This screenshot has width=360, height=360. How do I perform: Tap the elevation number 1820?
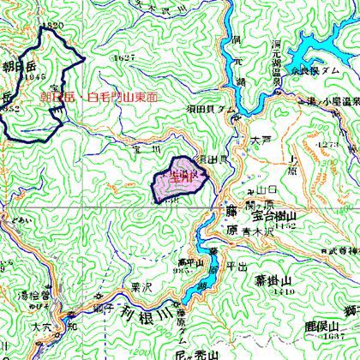coord(56,26)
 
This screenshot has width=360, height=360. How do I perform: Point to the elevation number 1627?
coord(124,57)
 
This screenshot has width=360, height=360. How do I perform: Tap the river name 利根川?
coord(136,312)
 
